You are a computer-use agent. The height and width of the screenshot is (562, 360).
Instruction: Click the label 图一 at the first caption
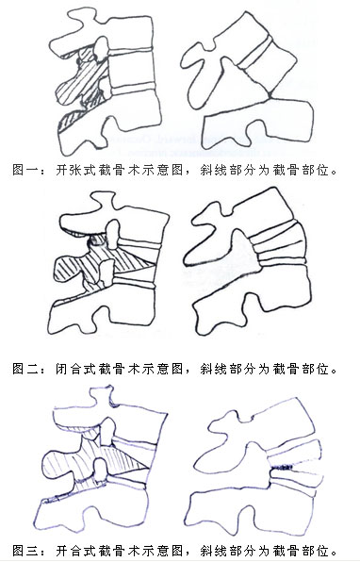click(x=25, y=169)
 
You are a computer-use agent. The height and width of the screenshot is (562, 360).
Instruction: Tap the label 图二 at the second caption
click(x=25, y=368)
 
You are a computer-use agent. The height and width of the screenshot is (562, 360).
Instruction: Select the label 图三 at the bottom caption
click(x=25, y=550)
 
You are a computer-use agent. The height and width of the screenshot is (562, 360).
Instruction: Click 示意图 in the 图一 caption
click(x=162, y=169)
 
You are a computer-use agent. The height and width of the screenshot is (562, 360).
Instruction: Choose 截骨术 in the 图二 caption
click(x=119, y=368)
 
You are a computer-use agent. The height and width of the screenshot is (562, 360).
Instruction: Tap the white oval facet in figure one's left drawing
click(x=101, y=47)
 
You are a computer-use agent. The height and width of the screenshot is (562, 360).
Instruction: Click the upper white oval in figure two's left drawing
click(x=112, y=234)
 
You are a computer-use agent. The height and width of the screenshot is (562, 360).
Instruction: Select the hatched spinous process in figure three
click(x=61, y=465)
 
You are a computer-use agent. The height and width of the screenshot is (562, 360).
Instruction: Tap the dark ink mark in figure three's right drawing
click(x=283, y=468)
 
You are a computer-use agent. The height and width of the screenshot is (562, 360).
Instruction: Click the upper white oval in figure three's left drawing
click(x=107, y=431)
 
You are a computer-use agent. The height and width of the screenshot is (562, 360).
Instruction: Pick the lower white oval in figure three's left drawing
click(x=101, y=470)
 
